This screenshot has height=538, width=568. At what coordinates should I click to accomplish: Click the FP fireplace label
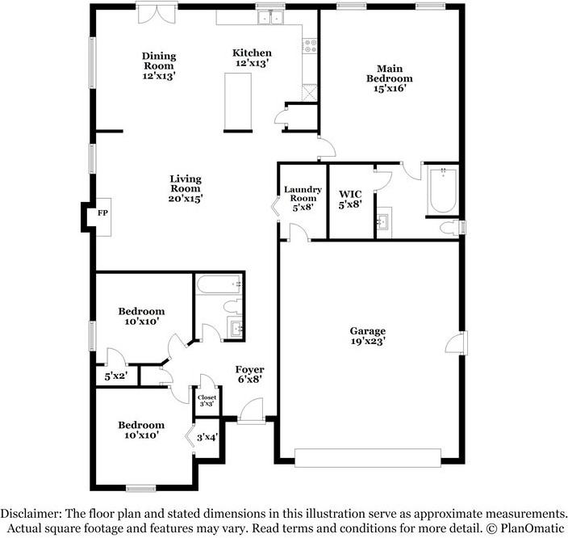tap(102, 213)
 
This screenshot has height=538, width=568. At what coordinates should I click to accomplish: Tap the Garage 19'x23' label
tap(367, 336)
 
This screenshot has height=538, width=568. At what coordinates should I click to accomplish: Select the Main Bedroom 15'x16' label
tap(390, 78)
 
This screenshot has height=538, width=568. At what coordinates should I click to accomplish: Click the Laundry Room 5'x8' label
tap(303, 199)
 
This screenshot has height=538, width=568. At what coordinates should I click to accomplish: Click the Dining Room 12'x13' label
tap(159, 65)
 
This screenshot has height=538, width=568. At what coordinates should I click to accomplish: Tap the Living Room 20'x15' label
tap(186, 188)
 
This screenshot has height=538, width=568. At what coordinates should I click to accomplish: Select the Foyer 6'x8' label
tap(248, 373)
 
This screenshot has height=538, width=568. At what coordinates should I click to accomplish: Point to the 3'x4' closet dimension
tap(207, 438)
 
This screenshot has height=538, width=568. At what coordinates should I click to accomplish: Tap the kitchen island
tap(236, 100)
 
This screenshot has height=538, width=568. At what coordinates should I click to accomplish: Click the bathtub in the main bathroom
tap(443, 191)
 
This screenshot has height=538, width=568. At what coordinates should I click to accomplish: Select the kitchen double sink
tap(269, 17)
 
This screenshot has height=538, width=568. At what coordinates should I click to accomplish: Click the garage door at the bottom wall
tap(369, 458)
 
